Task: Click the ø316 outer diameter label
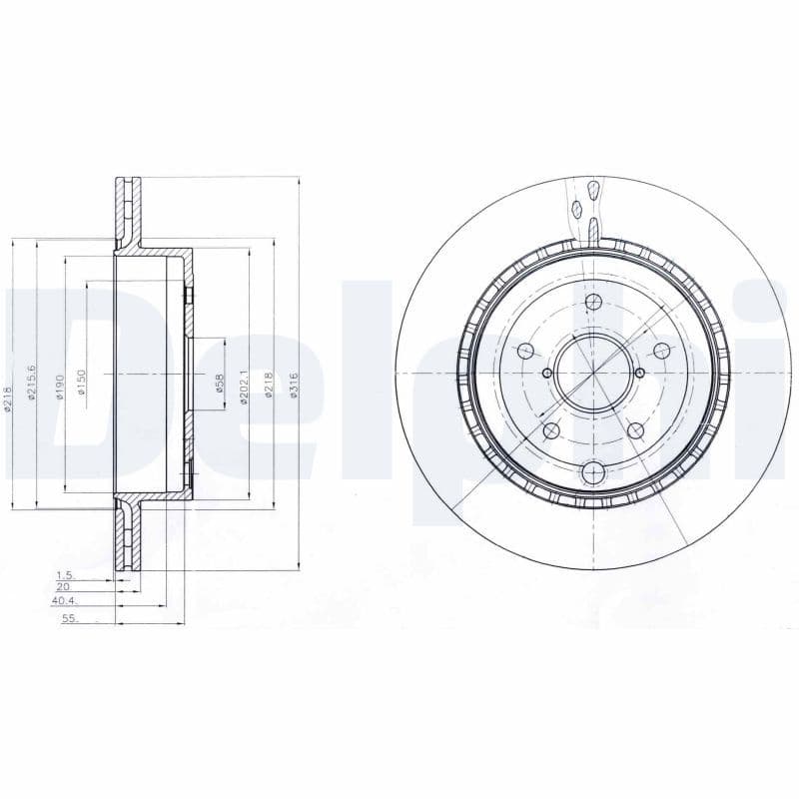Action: (x=294, y=385)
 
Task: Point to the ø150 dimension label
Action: (x=83, y=383)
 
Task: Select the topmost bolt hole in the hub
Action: (x=593, y=303)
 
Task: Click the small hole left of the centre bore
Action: (x=546, y=373)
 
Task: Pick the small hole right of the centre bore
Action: (x=640, y=373)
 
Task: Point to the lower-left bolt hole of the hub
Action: (x=550, y=430)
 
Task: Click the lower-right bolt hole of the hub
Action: (x=635, y=429)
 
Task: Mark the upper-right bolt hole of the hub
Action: (x=660, y=350)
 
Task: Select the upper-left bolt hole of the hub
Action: (x=525, y=351)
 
